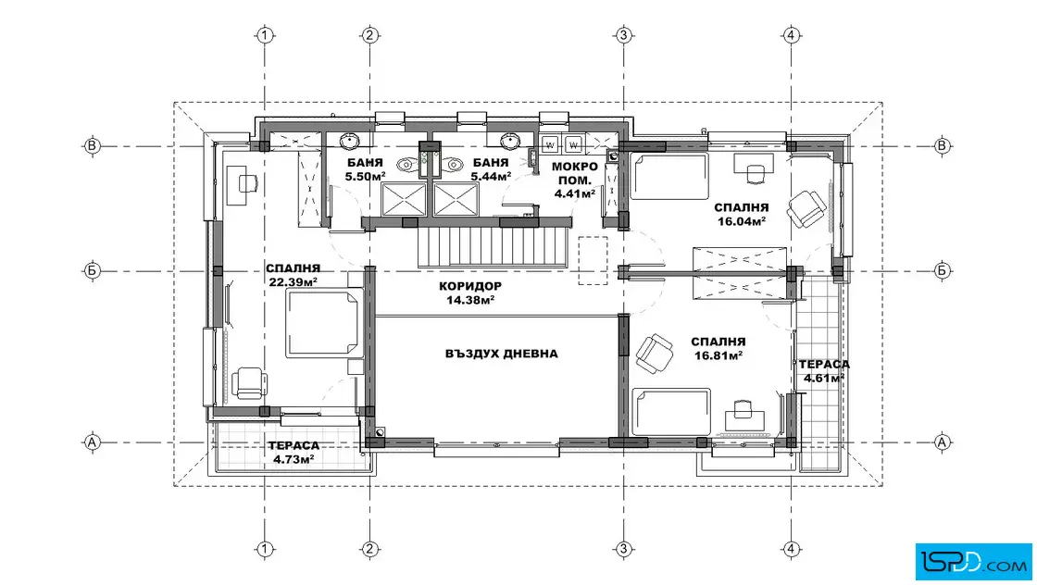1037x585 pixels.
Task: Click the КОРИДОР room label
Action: coord(470,286)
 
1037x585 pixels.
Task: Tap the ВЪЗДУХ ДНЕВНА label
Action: coord(501,354)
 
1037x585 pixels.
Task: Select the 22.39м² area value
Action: coord(293,282)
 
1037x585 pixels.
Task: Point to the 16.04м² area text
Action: coord(742,221)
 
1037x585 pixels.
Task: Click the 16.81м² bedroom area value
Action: coord(718,355)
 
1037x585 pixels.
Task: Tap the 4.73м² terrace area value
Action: coord(294,459)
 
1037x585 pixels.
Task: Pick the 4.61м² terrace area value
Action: coord(824,378)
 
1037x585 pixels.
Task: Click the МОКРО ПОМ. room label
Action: coord(575,173)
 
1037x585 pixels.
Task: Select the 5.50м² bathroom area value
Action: coord(365,177)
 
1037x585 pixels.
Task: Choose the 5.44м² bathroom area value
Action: coord(491,177)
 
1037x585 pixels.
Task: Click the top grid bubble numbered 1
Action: coord(265,35)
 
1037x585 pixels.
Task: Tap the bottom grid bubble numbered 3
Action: coord(624,549)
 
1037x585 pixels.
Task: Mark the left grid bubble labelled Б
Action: coord(92,270)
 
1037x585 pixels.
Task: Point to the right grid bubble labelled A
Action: coord(943,442)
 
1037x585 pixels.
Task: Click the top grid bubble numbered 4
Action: coord(792,35)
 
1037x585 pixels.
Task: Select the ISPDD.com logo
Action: coord(973,562)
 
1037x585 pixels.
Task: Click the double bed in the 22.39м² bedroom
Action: coord(324,323)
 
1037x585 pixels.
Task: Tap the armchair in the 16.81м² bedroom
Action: coord(654,353)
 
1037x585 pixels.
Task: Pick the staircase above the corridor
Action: coord(494,244)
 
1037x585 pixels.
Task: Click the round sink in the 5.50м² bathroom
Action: coord(349,142)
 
